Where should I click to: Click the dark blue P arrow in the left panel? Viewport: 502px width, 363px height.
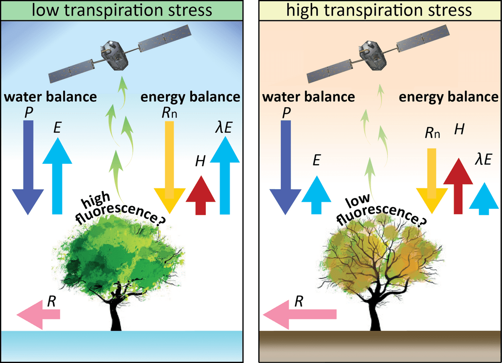[28, 167]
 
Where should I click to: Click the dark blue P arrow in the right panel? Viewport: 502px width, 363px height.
[285, 167]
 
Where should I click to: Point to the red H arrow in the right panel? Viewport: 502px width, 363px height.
[458, 184]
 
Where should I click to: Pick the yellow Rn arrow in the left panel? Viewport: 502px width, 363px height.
[169, 167]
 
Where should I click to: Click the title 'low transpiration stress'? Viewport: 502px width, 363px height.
[122, 9]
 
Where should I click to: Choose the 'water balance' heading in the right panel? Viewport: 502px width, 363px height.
[308, 97]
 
